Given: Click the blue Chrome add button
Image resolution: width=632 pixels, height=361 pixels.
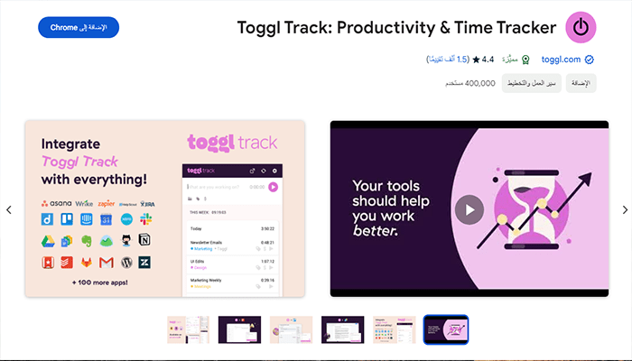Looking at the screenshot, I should click(x=79, y=27).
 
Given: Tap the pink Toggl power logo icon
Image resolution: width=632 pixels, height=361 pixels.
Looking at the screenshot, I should click(x=581, y=27).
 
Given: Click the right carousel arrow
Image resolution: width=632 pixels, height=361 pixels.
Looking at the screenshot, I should click(x=624, y=209).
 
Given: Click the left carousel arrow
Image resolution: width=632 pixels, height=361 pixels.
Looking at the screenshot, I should click(x=9, y=209).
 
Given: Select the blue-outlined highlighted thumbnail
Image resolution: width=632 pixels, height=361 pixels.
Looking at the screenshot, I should click(x=446, y=329).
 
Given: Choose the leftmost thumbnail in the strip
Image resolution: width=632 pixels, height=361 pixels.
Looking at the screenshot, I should click(x=189, y=329).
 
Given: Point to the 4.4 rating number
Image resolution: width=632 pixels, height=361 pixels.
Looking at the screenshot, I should click(x=488, y=60).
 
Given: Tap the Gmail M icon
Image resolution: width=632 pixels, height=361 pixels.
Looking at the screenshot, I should click(x=105, y=262).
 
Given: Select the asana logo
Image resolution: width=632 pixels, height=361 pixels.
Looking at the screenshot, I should click(x=56, y=203).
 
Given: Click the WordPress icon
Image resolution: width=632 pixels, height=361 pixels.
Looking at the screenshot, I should click(x=125, y=262).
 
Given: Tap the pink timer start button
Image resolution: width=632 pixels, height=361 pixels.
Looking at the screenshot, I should click(x=273, y=187).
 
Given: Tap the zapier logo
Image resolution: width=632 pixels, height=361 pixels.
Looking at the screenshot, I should click(x=107, y=203).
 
